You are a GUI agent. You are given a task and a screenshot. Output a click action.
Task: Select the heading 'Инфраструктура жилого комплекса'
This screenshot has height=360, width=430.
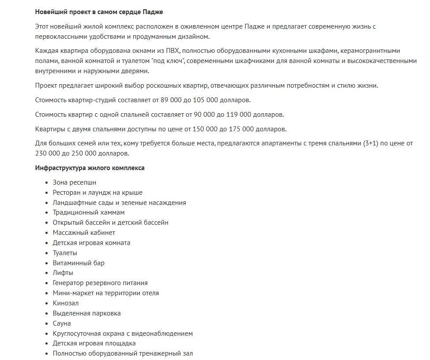pyautogui.click(x=90, y=168)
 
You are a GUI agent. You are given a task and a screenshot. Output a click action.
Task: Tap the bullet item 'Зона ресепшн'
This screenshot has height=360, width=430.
pyautogui.click(x=74, y=182)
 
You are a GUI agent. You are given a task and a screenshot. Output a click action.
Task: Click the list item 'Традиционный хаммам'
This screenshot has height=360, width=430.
pyautogui.click(x=86, y=212)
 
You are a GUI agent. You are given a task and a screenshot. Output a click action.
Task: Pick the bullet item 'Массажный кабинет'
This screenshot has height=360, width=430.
pyautogui.click(x=84, y=233)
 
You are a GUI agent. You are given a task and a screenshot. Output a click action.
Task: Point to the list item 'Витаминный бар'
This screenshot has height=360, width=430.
pyautogui.click(x=79, y=263)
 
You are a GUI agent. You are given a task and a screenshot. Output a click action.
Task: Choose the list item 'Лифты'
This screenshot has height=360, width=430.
pyautogui.click(x=63, y=273)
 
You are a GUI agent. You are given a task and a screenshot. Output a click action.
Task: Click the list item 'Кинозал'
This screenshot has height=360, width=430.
pyautogui.click(x=66, y=303)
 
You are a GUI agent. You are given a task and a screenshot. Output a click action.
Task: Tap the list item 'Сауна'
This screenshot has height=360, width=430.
pyautogui.click(x=62, y=323)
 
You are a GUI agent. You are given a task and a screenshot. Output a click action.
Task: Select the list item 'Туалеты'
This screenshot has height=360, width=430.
pyautogui.click(x=65, y=253)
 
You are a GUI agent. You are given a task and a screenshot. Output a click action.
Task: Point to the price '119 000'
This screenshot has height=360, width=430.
pyautogui.click(x=239, y=115)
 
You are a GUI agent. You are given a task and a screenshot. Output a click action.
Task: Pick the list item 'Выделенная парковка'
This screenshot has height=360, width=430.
pyautogui.click(x=86, y=313)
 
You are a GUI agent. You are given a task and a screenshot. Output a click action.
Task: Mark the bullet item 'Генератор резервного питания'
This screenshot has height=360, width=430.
pyautogui.click(x=100, y=283)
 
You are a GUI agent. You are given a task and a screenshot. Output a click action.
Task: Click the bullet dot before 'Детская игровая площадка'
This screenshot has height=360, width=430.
pyautogui.click(x=47, y=344)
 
